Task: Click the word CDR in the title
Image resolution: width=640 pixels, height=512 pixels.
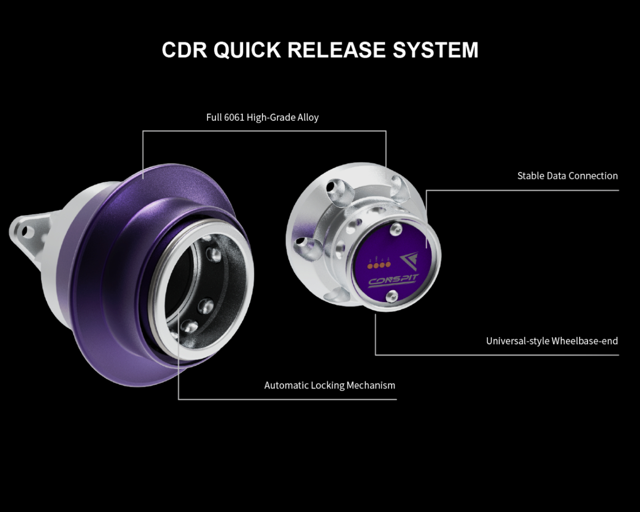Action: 184,50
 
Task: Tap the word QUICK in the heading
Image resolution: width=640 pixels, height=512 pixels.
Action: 247,50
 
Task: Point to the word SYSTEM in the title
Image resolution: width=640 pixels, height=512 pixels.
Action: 436,50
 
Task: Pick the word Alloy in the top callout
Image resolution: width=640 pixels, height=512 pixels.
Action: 307,118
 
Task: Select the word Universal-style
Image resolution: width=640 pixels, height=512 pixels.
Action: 517,341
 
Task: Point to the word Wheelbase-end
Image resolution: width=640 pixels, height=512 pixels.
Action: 585,341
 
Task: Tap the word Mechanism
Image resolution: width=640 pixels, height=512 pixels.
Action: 371,386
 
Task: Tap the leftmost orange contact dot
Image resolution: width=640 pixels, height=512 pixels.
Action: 370,266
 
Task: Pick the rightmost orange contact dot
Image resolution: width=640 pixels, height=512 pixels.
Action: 388,264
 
